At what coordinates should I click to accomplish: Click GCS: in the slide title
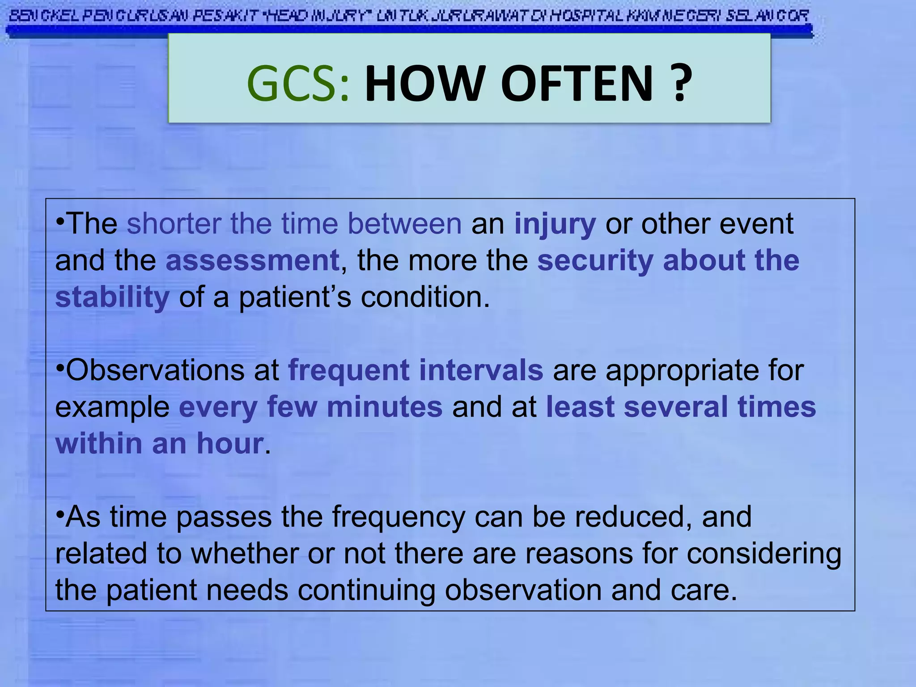click(297, 84)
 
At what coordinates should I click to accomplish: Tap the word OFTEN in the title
click(577, 84)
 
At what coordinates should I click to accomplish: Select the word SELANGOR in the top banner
click(768, 17)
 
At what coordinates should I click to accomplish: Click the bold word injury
click(555, 224)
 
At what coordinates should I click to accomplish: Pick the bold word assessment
click(252, 261)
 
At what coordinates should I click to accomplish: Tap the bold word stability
click(112, 297)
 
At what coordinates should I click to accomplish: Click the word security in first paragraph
click(595, 261)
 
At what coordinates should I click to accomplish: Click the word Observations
click(155, 371)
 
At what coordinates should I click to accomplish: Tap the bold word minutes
click(385, 407)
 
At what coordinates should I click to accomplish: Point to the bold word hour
click(230, 444)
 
